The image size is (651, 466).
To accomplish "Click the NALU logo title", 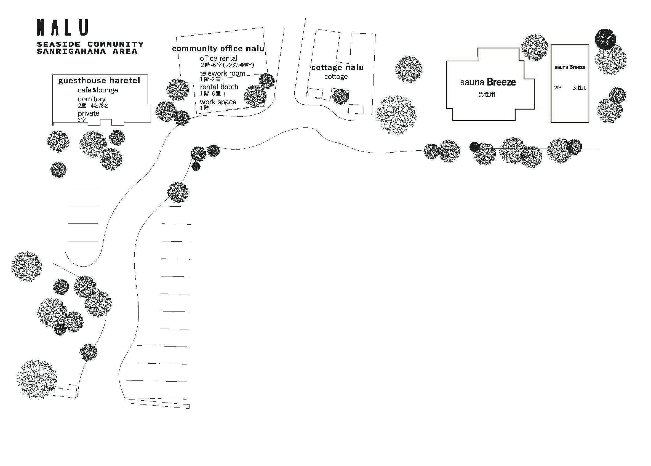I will coord(62,28).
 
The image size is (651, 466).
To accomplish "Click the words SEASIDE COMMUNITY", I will coord(90,44).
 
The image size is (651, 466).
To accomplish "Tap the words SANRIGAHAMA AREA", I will coord(87,51).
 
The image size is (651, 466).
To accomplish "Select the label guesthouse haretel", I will coord(99,81).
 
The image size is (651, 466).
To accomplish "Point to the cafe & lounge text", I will coord(98,90).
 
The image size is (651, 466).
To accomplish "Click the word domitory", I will coord(92,99).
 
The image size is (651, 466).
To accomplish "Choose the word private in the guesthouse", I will coord(88,113).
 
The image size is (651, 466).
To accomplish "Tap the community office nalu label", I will coord(218,49).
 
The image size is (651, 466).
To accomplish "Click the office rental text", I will coord(219,58).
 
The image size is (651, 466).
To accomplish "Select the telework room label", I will coord(222,73).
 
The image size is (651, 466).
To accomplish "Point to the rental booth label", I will coord(219,87).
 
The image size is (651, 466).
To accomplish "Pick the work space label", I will coord(218,102).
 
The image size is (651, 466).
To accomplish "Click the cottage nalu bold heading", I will coord(337,67).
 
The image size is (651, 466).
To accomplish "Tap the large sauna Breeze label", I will coord(488,82).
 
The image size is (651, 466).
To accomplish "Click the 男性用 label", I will coord(486,94).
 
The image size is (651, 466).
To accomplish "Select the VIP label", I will coord(557,88).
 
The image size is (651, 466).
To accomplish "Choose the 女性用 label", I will coord(580,88).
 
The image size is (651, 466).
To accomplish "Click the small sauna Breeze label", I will coord(570,67).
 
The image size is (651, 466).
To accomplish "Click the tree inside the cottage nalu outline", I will coord(340,96).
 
